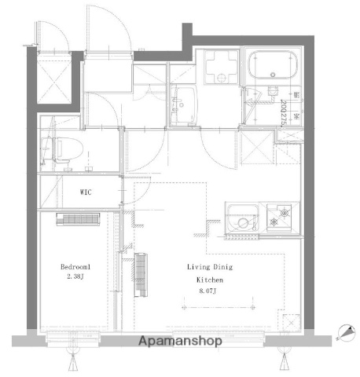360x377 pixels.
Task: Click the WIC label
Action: (87, 191)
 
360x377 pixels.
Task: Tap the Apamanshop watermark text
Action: (180, 342)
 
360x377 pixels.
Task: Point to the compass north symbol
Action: (343, 334)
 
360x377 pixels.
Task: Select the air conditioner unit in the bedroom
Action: (78, 221)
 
